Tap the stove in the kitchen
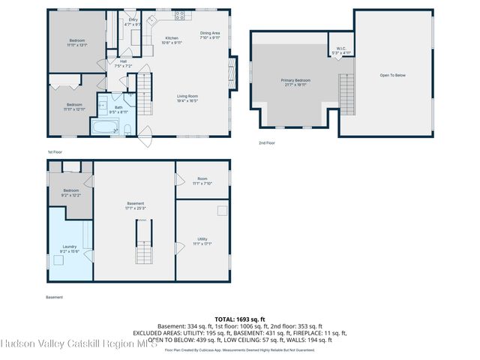180,15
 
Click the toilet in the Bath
127,130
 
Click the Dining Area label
210,34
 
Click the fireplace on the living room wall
233,71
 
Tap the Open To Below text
394,75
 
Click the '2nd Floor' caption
266,142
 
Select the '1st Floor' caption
54,151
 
